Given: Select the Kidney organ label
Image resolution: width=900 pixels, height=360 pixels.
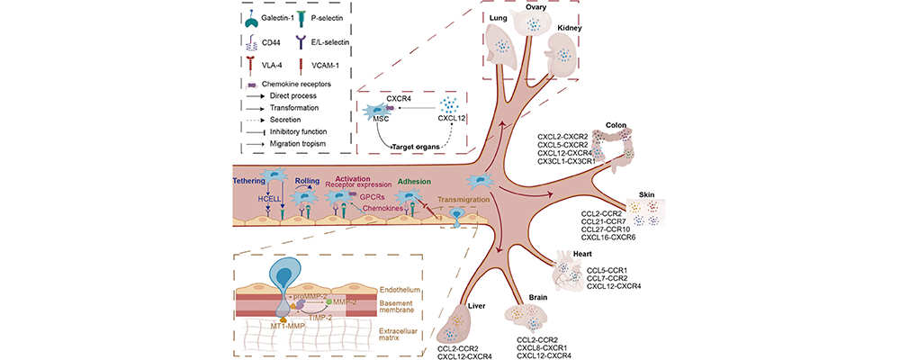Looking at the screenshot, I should coord(569,28).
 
